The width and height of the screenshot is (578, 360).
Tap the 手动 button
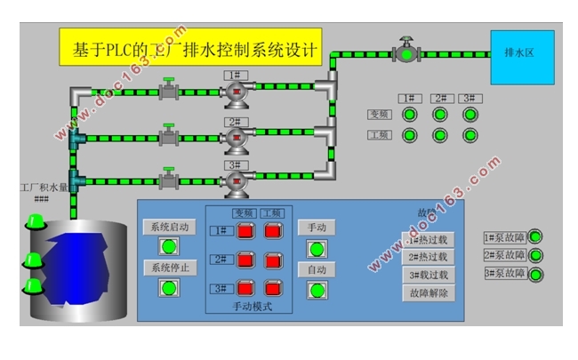[317, 227]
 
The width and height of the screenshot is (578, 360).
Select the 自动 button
[317, 268]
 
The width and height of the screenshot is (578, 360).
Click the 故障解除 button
[429, 292]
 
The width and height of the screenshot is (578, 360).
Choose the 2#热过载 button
[429, 257]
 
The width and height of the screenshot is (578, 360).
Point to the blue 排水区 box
[522, 57]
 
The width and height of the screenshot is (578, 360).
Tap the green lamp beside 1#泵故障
[535, 236]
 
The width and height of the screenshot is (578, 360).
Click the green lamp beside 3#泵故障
[535, 275]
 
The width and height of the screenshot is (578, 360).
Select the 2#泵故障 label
[504, 255]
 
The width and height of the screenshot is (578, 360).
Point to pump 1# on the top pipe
[234, 91]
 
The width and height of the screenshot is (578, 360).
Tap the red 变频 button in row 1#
[245, 231]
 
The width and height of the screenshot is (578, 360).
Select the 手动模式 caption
[252, 307]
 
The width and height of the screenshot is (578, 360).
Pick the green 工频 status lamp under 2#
[439, 136]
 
